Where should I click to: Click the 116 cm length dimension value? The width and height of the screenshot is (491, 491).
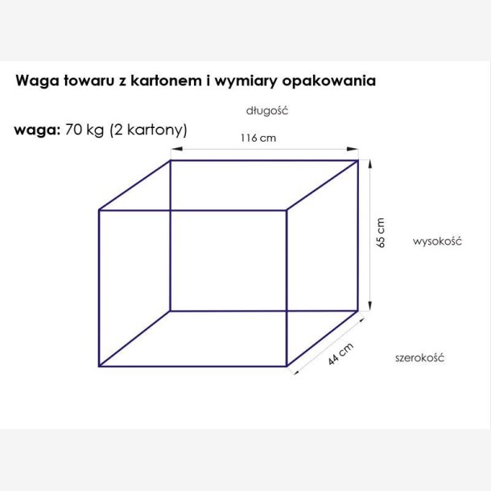tap(258, 138)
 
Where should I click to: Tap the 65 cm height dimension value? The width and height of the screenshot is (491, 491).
tap(381, 233)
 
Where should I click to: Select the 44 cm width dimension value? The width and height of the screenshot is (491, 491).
tap(342, 353)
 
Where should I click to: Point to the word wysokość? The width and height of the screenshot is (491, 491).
tap(435, 241)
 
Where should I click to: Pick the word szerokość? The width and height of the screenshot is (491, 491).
tap(419, 357)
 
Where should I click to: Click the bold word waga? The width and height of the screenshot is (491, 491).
tap(33, 131)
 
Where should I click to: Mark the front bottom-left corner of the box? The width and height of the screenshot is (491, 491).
tap(99, 367)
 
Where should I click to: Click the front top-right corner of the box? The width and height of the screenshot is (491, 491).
tap(287, 211)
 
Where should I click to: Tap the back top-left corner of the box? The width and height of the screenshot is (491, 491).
tap(170, 161)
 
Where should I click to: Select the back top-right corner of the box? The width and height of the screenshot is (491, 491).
tap(358, 161)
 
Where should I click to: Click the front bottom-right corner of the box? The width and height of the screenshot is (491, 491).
tap(287, 367)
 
